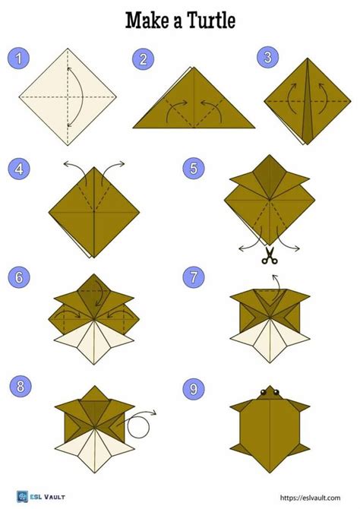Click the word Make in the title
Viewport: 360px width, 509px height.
pos(145,21)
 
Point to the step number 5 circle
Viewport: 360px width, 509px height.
pos(194,169)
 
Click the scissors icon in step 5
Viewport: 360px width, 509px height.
pos(267,257)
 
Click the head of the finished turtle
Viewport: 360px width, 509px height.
pos(267,394)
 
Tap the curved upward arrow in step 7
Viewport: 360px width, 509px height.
pos(274,283)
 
